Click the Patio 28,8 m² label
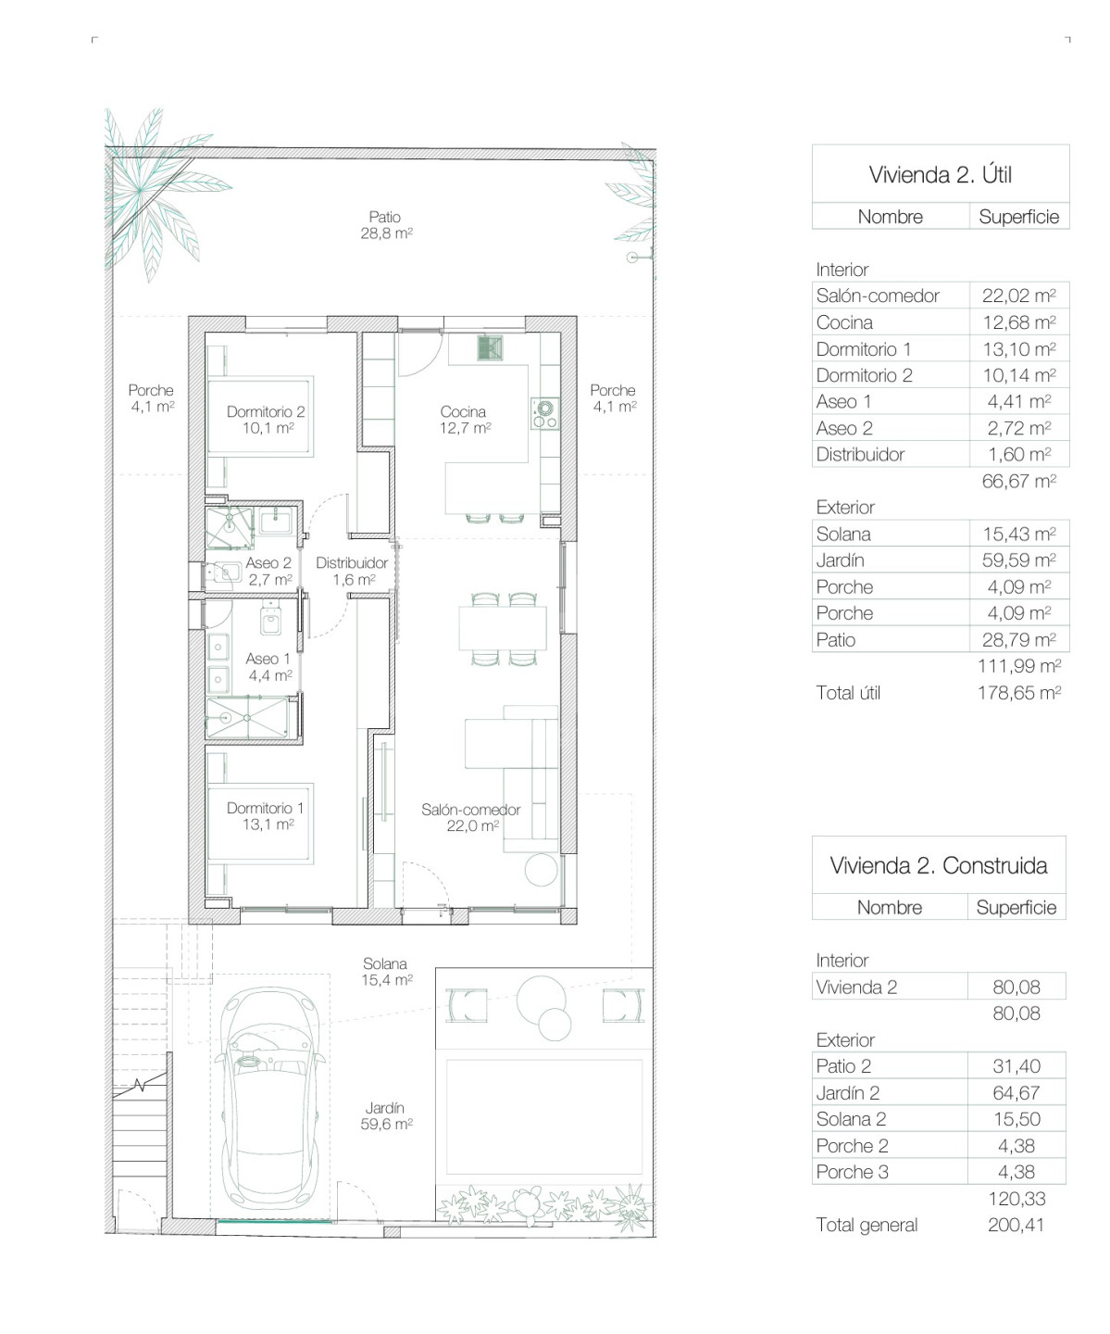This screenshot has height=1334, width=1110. pos(386,225)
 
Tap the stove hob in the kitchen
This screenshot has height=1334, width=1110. pos(544,413)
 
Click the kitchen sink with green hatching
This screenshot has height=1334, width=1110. pos(490,348)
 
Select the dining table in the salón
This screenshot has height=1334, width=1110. pos(503,629)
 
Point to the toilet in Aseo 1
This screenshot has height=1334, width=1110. pos(271,619)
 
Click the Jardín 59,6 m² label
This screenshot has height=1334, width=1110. pos(386,1116)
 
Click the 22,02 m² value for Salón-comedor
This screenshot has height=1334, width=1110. pos(1018,296)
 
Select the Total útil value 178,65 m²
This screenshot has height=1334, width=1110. pos(1019,693)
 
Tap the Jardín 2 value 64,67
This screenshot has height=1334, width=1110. pos(1016,1093)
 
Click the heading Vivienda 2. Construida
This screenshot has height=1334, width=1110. pos(938,865)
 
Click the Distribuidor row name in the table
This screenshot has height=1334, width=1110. pos(860,455)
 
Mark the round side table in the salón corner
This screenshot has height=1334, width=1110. pos(541,870)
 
